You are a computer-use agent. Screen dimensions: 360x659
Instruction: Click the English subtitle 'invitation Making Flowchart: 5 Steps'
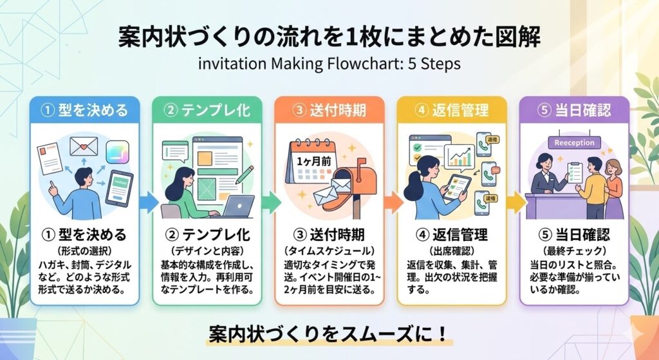[329, 64]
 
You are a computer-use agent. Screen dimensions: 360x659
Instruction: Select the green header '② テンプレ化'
[207, 110]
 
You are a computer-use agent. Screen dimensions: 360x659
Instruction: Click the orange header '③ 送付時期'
[329, 110]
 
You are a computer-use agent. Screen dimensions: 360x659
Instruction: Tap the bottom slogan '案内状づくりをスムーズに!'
[329, 334]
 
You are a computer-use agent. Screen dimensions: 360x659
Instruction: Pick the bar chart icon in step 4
[458, 155]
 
